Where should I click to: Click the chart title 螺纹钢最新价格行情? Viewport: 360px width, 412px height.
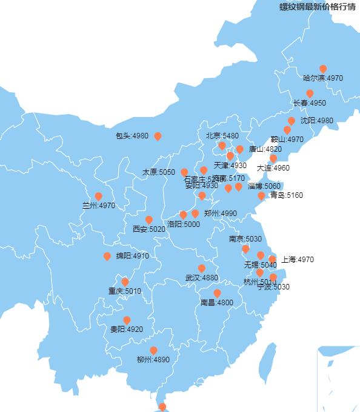317,7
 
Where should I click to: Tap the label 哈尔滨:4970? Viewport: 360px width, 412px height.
323,78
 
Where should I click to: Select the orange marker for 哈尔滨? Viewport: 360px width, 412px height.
323,69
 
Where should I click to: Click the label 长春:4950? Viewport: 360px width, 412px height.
309,103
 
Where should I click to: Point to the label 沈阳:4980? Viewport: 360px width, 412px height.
316,121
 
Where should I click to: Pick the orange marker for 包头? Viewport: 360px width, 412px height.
158,136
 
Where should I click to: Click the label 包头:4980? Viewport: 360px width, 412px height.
132,136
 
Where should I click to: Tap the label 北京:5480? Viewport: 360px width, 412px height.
222,136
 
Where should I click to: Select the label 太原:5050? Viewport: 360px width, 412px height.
159,172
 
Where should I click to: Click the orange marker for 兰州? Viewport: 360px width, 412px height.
98,196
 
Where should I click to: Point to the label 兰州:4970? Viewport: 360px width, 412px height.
98,206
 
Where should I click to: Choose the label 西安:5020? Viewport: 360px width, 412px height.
148,229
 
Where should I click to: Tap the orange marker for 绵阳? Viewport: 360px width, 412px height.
107,256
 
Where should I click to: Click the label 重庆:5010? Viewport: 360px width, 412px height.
125,291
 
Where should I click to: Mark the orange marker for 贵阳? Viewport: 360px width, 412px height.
127,320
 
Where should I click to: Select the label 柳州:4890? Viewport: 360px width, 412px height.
153,360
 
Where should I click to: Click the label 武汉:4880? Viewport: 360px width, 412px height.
202,278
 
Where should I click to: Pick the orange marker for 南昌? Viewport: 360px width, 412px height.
217,293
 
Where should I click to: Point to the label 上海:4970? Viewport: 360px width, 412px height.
297,260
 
